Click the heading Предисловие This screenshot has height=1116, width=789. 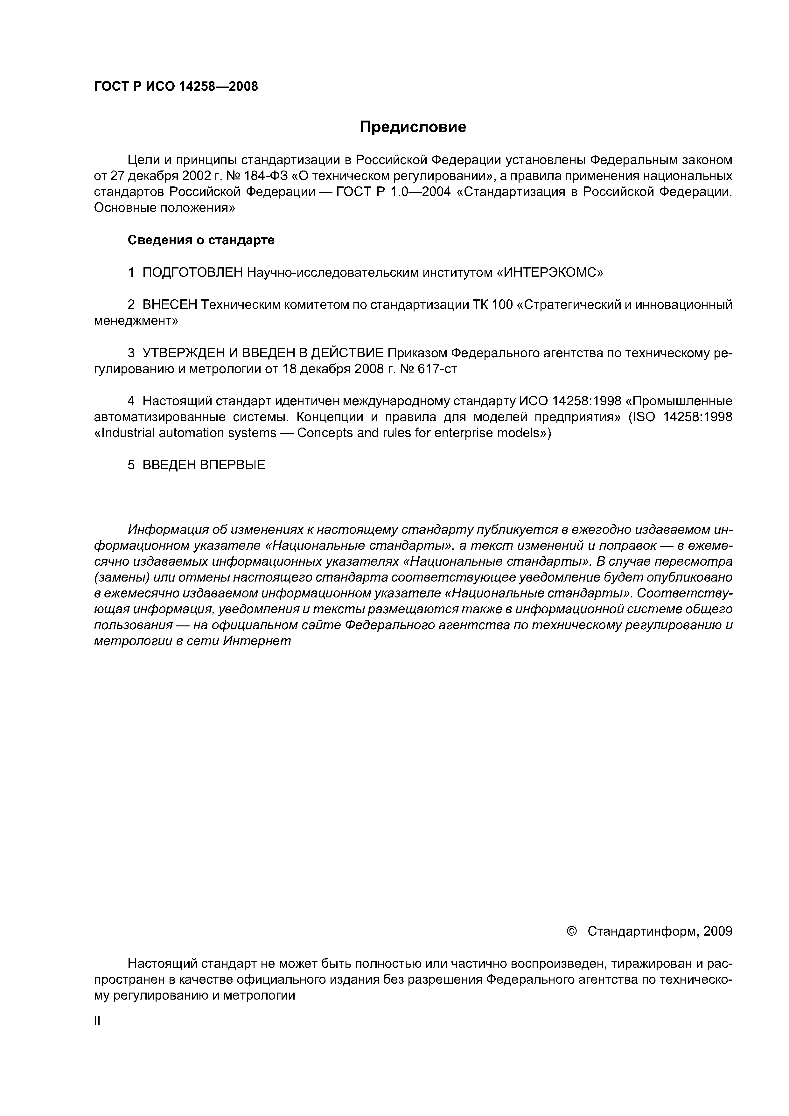tap(413, 127)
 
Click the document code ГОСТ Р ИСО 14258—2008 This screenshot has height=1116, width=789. tap(176, 87)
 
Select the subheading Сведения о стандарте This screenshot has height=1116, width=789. tap(201, 240)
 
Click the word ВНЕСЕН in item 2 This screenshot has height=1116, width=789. tap(170, 305)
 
